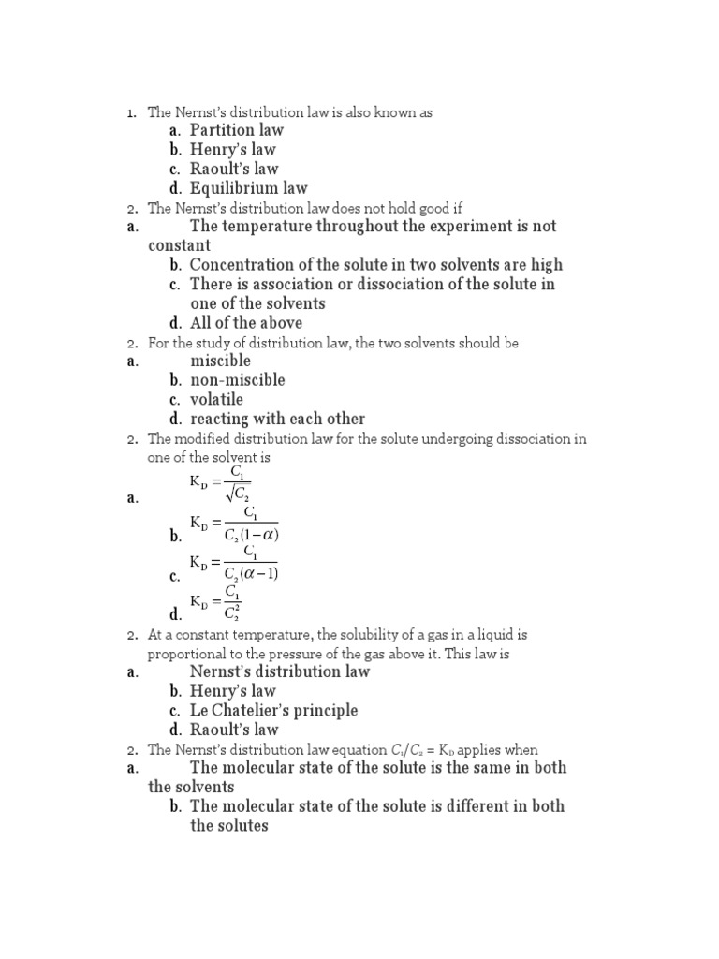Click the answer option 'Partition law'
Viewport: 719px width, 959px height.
click(x=236, y=130)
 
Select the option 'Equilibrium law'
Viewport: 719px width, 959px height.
click(x=248, y=188)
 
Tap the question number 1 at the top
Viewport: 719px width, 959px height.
click(x=132, y=113)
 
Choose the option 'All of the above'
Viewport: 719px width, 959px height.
click(x=246, y=323)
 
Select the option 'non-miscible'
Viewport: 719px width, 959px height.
click(x=238, y=380)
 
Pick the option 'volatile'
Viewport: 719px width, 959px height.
click(x=216, y=400)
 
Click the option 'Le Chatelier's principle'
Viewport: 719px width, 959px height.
click(x=273, y=710)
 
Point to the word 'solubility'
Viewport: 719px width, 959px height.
click(x=355, y=635)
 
